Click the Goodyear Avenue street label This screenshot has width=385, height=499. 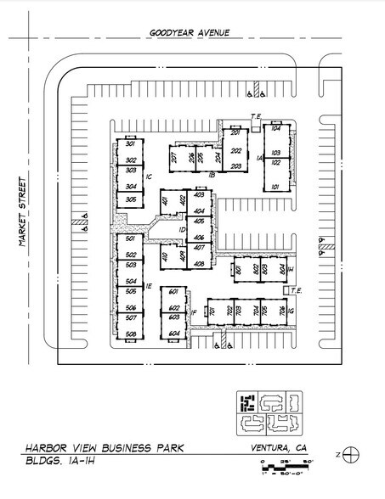pyautogui.click(x=190, y=33)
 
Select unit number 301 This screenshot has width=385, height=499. pyautogui.click(x=131, y=143)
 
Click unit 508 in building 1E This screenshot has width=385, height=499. pyautogui.click(x=131, y=334)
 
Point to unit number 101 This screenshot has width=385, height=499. pyautogui.click(x=275, y=186)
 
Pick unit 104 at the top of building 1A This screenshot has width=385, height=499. pyautogui.click(x=275, y=129)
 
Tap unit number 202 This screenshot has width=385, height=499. pyautogui.click(x=235, y=150)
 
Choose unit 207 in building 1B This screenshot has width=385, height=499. pyautogui.click(x=174, y=157)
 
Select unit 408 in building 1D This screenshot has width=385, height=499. pyautogui.click(x=199, y=265)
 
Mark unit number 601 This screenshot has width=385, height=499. pyautogui.click(x=173, y=291)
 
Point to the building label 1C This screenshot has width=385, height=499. pyautogui.click(x=148, y=177)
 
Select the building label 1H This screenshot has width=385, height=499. pyautogui.click(x=290, y=269)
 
